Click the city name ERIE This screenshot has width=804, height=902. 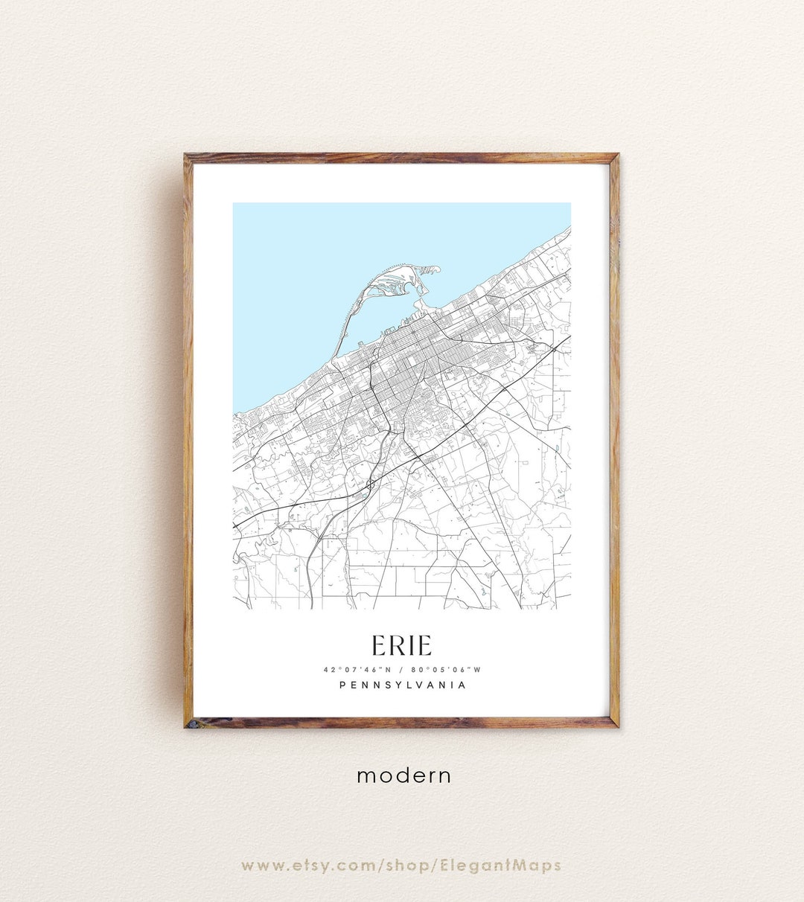pos(401,644)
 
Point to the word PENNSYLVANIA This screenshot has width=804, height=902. pos(402,685)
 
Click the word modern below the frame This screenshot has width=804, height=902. pos(403,775)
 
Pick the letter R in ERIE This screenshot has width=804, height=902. pos(396,644)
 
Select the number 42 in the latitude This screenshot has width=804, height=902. pos(328,670)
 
